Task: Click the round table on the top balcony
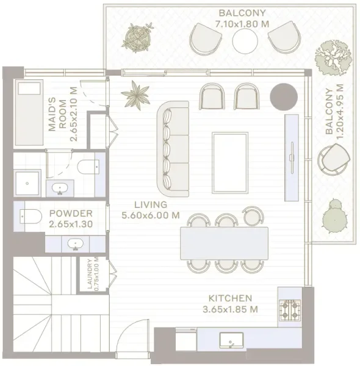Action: click(245, 41)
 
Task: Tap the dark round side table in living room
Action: click(282, 96)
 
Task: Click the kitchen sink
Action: click(231, 340)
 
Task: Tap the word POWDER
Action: click(71, 213)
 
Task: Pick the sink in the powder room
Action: click(76, 244)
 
